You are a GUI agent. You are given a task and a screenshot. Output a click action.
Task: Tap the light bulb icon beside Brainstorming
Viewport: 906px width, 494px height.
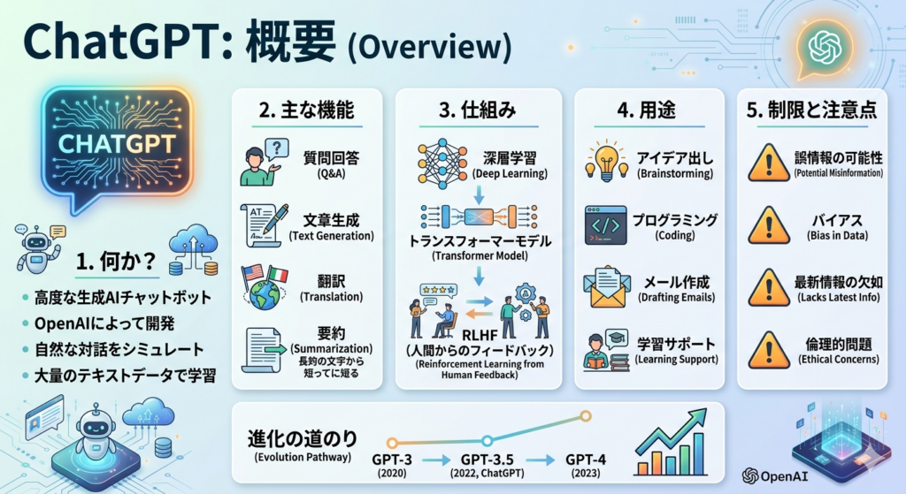pyautogui.click(x=606, y=161)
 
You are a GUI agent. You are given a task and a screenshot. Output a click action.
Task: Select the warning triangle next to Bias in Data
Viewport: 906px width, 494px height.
pyautogui.click(x=769, y=225)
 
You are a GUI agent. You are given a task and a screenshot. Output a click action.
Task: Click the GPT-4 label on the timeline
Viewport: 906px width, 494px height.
pyautogui.click(x=586, y=460)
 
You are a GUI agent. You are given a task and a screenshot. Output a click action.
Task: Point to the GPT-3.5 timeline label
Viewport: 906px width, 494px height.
pyautogui.click(x=488, y=460)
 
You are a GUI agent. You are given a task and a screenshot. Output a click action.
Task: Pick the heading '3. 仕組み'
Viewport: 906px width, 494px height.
pyautogui.click(x=477, y=110)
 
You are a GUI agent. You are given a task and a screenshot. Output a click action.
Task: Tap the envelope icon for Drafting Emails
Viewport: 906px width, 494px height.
pyautogui.click(x=605, y=287)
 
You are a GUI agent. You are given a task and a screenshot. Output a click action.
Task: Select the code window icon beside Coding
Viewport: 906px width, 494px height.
pyautogui.click(x=605, y=225)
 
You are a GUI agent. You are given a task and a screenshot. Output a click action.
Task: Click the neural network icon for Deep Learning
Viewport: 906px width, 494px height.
pyautogui.click(x=442, y=163)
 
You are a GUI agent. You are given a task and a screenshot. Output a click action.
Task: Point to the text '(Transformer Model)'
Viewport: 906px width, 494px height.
pyautogui.click(x=480, y=255)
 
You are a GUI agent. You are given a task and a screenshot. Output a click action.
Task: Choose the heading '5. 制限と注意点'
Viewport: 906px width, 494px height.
pyautogui.click(x=812, y=110)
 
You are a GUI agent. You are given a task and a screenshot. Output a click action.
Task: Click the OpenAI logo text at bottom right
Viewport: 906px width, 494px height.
pyautogui.click(x=775, y=476)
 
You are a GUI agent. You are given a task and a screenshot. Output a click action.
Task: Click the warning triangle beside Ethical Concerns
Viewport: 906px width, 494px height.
pyautogui.click(x=769, y=350)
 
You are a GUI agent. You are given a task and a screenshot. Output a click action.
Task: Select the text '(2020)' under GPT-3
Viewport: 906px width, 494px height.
pyautogui.click(x=392, y=473)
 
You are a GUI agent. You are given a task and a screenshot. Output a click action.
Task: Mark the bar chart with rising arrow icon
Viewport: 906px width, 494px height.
pyautogui.click(x=672, y=442)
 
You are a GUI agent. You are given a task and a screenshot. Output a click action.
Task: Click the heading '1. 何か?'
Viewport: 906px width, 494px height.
pyautogui.click(x=116, y=262)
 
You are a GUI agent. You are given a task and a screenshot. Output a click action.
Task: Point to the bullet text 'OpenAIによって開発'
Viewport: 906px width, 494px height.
pyautogui.click(x=104, y=323)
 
